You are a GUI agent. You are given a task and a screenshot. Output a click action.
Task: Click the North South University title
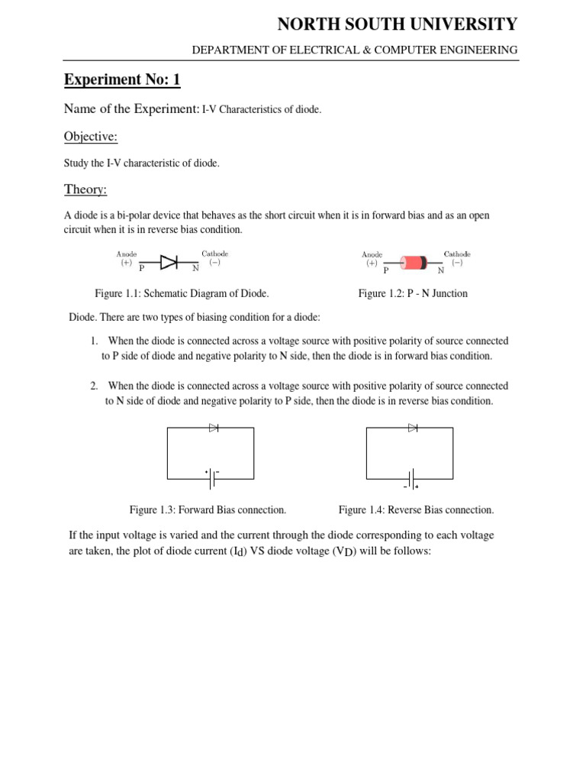point(397,24)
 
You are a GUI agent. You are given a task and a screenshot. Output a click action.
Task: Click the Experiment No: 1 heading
point(122,79)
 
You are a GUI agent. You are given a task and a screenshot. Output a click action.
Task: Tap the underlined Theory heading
point(85,189)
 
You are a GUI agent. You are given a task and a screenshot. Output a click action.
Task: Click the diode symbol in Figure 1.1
point(169,261)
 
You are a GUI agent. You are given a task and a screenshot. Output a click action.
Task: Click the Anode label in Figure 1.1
point(127,254)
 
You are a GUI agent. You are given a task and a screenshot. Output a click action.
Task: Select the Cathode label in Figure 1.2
point(457,254)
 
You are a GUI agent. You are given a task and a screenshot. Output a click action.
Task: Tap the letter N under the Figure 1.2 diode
point(440,270)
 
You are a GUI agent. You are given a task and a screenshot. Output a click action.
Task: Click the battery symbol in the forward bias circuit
point(211,479)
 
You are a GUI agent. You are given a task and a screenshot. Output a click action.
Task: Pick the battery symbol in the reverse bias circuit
point(411,479)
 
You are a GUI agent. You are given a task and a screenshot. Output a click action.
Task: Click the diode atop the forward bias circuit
point(214,428)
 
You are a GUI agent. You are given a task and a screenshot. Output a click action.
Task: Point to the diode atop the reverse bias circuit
point(413,428)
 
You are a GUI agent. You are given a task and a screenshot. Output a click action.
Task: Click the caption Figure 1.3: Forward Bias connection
point(208,509)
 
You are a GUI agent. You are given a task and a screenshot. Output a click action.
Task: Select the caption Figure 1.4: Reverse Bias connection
point(416,509)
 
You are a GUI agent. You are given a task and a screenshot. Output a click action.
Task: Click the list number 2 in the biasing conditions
point(94,386)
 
